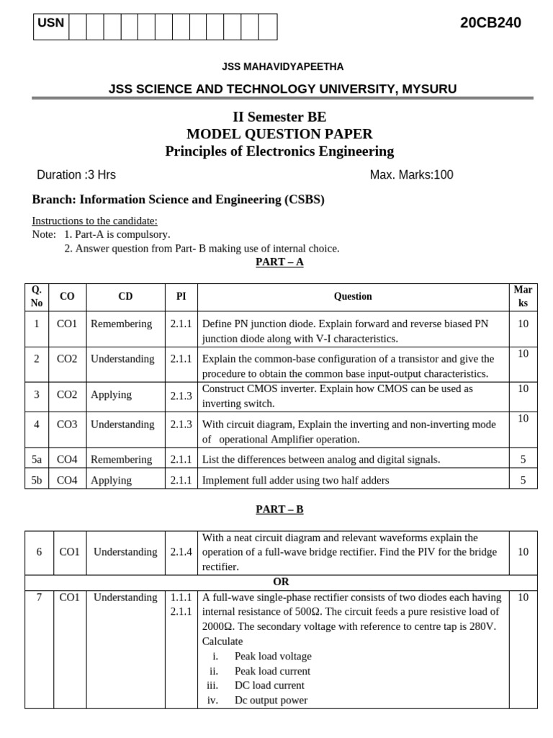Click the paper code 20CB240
point(490,23)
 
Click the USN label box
point(50,24)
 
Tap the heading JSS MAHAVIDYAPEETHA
point(282,67)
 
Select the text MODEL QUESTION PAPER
point(279,134)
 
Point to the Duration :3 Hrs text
point(76,174)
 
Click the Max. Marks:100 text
point(411,174)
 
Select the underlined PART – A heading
point(279,262)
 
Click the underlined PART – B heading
point(279,510)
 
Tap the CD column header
point(125,296)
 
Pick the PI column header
point(181,296)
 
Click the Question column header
point(353,296)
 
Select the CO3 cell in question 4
point(67,424)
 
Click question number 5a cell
point(37,460)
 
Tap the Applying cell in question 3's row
point(111,395)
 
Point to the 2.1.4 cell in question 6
point(181,552)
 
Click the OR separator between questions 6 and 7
point(281,582)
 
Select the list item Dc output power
point(271,700)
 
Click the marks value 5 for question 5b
point(523,480)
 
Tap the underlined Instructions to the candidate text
point(95,221)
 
